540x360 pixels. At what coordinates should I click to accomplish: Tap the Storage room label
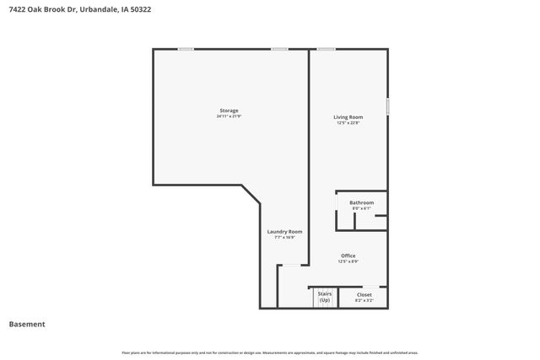[x=229, y=110]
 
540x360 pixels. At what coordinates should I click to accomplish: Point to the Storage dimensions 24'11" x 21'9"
[x=229, y=116]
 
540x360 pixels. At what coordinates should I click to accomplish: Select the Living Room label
[x=348, y=117]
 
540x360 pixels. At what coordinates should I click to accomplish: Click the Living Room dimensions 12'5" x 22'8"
[x=348, y=123]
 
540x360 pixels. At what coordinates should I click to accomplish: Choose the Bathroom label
[x=362, y=202]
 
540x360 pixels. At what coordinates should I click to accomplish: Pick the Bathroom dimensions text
[x=362, y=208]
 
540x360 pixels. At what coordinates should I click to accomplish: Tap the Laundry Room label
[x=284, y=232]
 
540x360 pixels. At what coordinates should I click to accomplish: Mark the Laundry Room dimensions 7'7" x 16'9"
[x=284, y=238]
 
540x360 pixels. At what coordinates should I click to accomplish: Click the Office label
[x=348, y=255]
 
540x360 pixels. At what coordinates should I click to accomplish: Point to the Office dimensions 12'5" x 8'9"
[x=348, y=261]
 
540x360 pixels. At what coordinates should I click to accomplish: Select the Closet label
[x=364, y=294]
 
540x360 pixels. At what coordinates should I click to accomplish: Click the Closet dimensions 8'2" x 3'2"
[x=364, y=300]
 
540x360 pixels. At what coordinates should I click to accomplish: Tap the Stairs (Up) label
[x=325, y=296]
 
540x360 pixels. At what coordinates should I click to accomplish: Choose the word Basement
[x=27, y=325]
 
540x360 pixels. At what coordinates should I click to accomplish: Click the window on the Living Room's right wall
[x=388, y=107]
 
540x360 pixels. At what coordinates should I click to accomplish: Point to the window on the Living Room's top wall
[x=326, y=49]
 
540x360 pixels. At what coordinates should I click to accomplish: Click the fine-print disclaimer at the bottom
[x=270, y=352]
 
